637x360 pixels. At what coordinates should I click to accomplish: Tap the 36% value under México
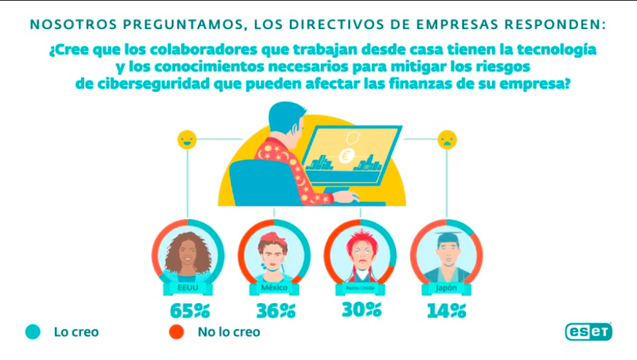tap(275, 310)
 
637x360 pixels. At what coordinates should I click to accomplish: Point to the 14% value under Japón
tap(446, 310)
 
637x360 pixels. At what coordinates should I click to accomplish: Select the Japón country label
tap(446, 288)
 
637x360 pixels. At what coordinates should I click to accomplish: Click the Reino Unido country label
tap(360, 288)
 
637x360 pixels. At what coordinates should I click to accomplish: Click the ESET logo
tap(588, 332)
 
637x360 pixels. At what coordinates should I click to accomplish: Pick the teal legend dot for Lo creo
tap(32, 332)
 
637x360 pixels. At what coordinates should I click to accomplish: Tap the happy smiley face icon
tap(187, 139)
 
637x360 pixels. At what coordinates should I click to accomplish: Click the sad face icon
tap(446, 139)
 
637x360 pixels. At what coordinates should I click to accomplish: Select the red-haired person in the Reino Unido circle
tap(360, 255)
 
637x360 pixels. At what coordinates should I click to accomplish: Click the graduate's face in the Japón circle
tap(446, 256)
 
